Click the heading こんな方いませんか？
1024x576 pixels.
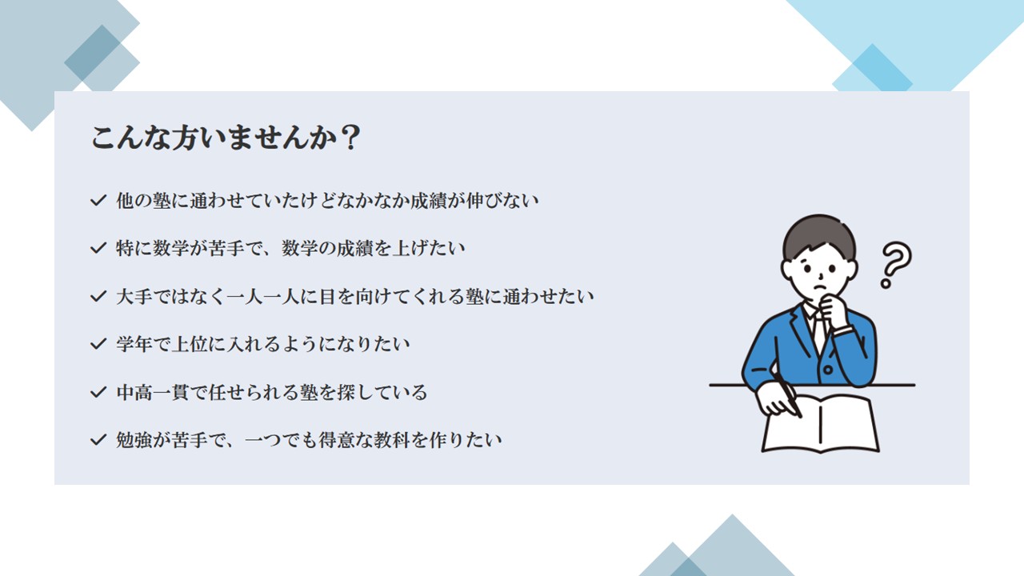[226, 137]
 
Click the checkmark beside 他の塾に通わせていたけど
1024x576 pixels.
[98, 200]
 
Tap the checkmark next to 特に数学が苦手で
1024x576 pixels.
[98, 248]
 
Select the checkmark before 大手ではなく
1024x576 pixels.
[98, 296]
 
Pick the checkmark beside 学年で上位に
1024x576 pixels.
[98, 344]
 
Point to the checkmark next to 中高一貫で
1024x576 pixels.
[98, 392]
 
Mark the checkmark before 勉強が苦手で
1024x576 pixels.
[98, 440]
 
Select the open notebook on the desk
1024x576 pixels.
[821, 424]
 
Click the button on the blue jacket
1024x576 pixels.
[827, 370]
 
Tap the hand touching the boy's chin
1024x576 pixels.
[834, 311]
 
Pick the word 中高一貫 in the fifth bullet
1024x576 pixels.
[152, 393]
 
